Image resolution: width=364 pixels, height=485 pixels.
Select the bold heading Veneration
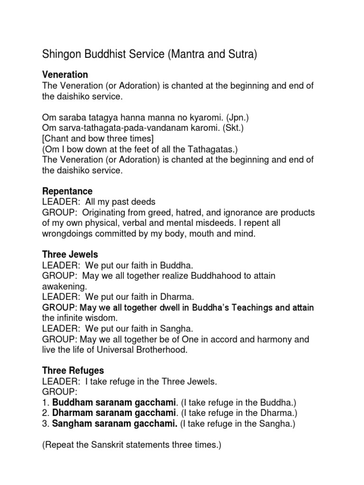(x=65, y=75)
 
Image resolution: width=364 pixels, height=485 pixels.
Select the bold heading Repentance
(x=67, y=191)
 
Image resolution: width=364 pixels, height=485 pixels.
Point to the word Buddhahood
(x=204, y=276)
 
